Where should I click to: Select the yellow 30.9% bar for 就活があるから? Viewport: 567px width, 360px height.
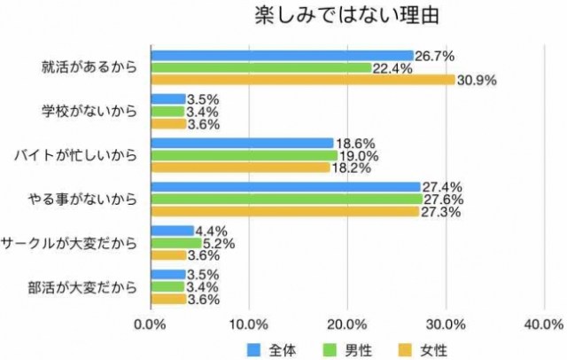coord(303,80)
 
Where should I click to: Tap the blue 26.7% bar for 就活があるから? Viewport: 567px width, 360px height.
coord(283,56)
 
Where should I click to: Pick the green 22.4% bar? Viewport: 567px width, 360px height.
coord(261,67)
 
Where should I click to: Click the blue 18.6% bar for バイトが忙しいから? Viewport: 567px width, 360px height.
coord(243,143)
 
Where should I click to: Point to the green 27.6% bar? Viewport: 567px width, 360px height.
coord(287,200)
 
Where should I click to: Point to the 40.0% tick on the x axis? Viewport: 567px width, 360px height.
coord(544,325)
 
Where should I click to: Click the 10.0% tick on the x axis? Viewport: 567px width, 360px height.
coord(249,325)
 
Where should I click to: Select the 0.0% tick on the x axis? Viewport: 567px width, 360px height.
coord(151,325)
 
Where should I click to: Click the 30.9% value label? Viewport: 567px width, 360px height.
coord(476,80)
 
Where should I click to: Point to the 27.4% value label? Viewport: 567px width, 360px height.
coord(442,187)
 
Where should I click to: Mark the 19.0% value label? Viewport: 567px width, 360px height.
coord(357,155)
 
